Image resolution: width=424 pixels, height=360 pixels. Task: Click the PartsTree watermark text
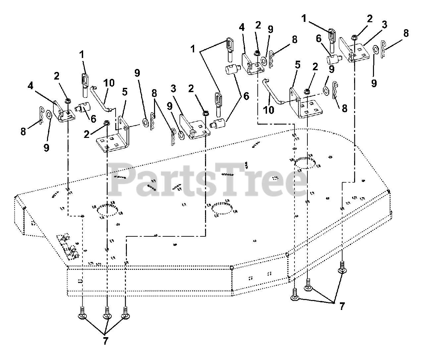point(209,181)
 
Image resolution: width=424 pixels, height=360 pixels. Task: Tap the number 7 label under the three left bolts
point(105,342)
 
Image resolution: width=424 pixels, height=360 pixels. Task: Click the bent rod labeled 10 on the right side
point(273,91)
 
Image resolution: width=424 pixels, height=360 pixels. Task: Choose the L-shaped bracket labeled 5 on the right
point(300,104)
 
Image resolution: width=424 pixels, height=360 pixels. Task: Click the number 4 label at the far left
point(30,86)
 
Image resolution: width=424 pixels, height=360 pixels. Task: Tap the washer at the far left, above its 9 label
point(48,115)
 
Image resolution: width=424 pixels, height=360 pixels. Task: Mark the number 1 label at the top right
point(303,19)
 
